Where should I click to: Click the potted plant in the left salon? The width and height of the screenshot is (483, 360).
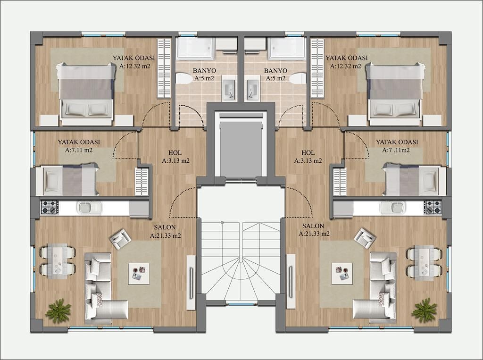click(58, 310)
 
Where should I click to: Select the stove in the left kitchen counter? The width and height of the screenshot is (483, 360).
click(49, 207)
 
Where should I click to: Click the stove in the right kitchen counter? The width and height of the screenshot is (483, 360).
click(433, 207)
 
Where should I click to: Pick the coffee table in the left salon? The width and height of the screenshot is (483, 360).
click(139, 273)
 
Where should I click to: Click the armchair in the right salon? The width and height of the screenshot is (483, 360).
click(365, 238)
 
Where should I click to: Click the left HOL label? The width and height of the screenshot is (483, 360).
click(175, 153)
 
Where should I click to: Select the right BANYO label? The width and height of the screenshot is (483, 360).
click(275, 71)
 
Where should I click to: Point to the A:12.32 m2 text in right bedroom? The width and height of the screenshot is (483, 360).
click(346, 66)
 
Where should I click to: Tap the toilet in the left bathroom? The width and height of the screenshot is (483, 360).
click(184, 78)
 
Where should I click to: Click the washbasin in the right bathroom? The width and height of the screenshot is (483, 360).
click(252, 88)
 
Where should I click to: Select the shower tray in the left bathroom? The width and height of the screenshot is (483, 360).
click(195, 49)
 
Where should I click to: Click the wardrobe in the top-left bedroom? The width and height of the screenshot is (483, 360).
click(164, 68)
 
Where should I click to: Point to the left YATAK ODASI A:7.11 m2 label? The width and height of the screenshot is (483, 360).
click(79, 146)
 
